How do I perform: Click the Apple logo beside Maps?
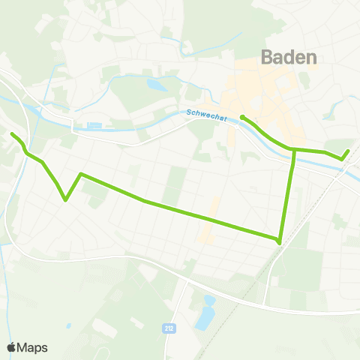click(11, 347)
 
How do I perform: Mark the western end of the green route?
click(13, 134)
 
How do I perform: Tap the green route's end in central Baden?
click(241, 117)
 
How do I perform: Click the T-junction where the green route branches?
click(294, 150)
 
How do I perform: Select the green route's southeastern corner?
click(280, 241)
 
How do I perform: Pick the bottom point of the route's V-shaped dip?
click(66, 200)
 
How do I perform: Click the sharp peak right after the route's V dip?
click(81, 175)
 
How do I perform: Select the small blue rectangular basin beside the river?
click(94, 125)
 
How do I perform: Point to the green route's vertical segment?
click(287, 195)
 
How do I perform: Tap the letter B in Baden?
click(268, 57)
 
